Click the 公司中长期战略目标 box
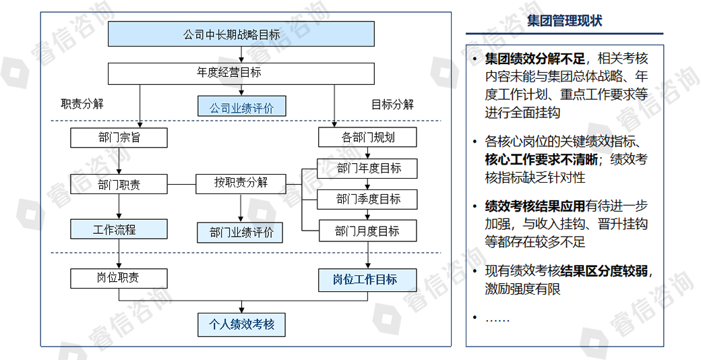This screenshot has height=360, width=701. click(241, 34)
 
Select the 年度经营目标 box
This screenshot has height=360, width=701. click(241, 73)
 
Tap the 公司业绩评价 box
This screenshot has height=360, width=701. click(241, 107)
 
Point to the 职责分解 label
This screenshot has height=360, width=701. click(82, 104)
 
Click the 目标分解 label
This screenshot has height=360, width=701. click(392, 104)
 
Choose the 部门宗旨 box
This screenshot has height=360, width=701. click(119, 138)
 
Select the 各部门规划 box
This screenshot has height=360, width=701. click(368, 138)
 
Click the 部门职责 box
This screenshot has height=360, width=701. click(119, 184)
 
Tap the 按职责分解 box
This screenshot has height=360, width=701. click(241, 183)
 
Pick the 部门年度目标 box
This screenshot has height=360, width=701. click(368, 169)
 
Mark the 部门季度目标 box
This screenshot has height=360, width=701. click(368, 200)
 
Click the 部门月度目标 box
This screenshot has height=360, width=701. click(368, 231)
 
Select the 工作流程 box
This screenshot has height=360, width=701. click(119, 229)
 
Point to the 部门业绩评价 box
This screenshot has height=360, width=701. click(241, 233)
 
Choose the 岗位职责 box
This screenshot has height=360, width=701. click(119, 278)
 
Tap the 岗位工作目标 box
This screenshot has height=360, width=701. click(368, 280)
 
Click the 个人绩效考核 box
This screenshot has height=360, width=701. click(241, 324)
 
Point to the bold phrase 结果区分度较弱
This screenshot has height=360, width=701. click(604, 271)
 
